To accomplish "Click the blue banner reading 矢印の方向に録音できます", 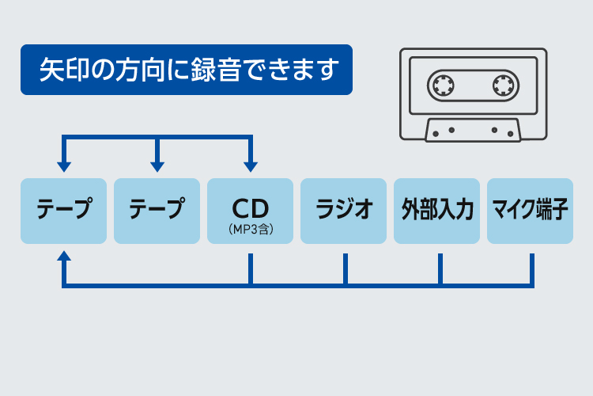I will coord(186,70).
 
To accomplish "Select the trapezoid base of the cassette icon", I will coord(473,130).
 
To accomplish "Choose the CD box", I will coord(250,211).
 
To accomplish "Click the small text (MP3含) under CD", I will coord(250,230).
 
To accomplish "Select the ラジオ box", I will coord(343,211).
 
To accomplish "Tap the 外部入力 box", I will coord(436,211).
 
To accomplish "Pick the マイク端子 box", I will coord(530,211).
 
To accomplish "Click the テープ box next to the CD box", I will coord(157,211).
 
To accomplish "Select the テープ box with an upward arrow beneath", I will coord(63,211).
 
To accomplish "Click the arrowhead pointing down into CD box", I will coord(250,167).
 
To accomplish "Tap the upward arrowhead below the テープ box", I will coord(63,257).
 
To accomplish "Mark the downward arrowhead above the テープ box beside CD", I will coord(157,167).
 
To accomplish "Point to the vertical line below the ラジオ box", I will coord(345,269).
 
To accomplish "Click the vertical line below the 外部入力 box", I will coord(440,269).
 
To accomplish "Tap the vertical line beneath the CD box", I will coord(250,269).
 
